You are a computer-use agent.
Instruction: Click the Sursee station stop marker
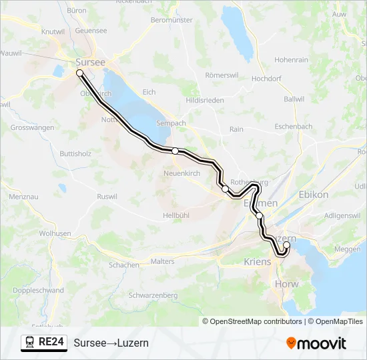pyautogui.click(x=79, y=73)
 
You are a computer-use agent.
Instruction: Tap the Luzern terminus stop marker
pyautogui.click(x=286, y=245)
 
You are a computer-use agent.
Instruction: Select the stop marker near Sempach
pyautogui.click(x=175, y=151)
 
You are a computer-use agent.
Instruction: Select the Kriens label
pyautogui.click(x=258, y=261)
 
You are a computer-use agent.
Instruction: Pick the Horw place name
pyautogui.click(x=288, y=284)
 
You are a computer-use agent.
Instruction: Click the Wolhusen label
pyautogui.click(x=55, y=234)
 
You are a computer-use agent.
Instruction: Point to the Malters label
pyautogui.click(x=163, y=262)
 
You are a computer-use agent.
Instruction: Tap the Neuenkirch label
pyautogui.click(x=181, y=173)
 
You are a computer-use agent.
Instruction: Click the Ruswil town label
pyautogui.click(x=107, y=197)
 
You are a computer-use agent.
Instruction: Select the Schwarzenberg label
pyautogui.click(x=153, y=295)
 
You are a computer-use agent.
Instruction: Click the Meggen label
pyautogui.click(x=347, y=249)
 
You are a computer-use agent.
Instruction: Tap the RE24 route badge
pyautogui.click(x=44, y=343)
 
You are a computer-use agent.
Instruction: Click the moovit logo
pyautogui.click(x=316, y=343)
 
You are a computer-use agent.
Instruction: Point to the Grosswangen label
pyautogui.click(x=32, y=127)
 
